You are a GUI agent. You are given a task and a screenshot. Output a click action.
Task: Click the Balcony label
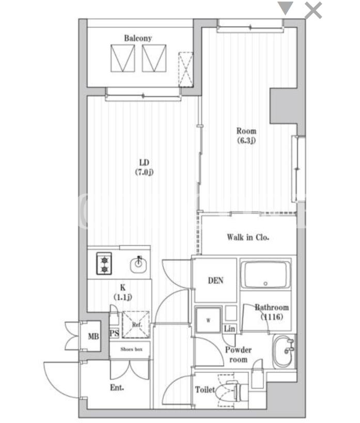pos(137,38)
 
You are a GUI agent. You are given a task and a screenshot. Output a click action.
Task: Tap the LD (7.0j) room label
pos(144,167)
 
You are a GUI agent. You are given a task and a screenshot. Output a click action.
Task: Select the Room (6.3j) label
pos(246,136)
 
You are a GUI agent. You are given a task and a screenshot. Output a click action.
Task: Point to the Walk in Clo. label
pos(248,238)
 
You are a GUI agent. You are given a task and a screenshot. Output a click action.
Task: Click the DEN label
pos(215,280)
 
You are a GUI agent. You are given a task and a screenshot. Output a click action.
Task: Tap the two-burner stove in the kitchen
pos(104,263)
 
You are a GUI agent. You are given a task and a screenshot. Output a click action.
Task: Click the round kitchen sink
pos(138,264)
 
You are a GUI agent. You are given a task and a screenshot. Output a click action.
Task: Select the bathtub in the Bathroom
pos(265,274)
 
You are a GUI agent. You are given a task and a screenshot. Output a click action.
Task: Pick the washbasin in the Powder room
pos(284,351)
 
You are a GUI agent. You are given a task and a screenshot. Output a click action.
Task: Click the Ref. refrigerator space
pos(136,324)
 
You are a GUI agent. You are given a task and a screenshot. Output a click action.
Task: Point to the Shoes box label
pos(131,349)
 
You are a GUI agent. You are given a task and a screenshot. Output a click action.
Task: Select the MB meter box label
pos(93,336)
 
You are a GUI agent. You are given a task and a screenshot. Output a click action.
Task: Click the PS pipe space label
pos(114,333)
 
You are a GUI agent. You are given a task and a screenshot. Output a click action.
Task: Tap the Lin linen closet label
pos(229,329)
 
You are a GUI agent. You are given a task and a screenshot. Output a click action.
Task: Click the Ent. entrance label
pos(117,388)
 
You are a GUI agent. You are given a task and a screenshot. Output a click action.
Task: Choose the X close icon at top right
pos(313,10)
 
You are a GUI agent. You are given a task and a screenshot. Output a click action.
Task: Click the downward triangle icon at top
pos(285,8)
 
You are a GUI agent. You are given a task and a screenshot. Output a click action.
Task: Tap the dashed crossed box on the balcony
pos(185,69)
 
